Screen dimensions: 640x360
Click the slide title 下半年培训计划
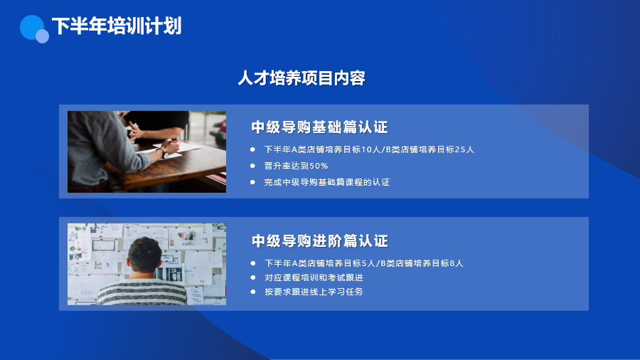117,26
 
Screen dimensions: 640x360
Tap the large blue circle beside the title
32,27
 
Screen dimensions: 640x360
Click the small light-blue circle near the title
42,36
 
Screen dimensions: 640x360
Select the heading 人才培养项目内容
302,78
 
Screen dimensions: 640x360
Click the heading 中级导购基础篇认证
319,127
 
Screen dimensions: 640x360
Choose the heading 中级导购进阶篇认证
319,240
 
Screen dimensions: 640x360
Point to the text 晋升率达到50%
296,166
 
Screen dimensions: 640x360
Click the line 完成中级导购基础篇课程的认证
326,182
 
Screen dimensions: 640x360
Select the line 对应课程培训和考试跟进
314,277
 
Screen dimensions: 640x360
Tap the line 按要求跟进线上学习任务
314,292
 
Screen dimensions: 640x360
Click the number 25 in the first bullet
460,150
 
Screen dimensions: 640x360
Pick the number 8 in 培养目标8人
452,264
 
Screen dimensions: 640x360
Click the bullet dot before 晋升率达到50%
252,166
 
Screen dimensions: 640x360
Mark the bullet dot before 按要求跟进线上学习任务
253,292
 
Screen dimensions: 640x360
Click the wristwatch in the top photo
164,154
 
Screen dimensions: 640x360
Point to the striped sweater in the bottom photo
142,292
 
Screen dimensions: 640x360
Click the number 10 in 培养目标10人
366,150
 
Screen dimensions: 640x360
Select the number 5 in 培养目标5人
365,264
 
